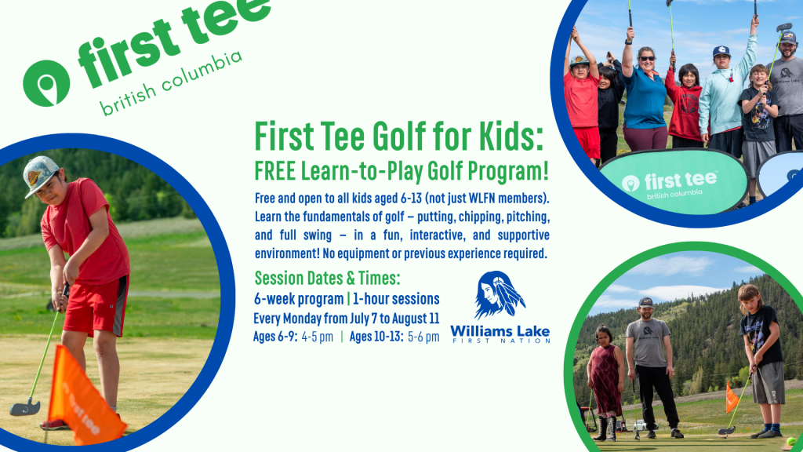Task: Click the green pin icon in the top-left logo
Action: [x=46, y=83]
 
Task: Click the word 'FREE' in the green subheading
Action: [x=275, y=171]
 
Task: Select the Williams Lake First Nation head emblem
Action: [x=499, y=295]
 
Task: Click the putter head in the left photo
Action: [x=24, y=408]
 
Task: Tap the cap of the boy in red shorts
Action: [x=39, y=174]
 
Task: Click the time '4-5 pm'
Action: [x=317, y=337]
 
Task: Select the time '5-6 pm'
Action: [x=423, y=337]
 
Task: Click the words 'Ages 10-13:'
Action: [x=376, y=337]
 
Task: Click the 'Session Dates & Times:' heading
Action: [x=327, y=279]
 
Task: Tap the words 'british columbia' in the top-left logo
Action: [x=170, y=83]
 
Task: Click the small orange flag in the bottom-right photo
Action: [x=732, y=397]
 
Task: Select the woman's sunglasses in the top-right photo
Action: [x=647, y=58]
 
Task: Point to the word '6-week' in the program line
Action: [x=273, y=299]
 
